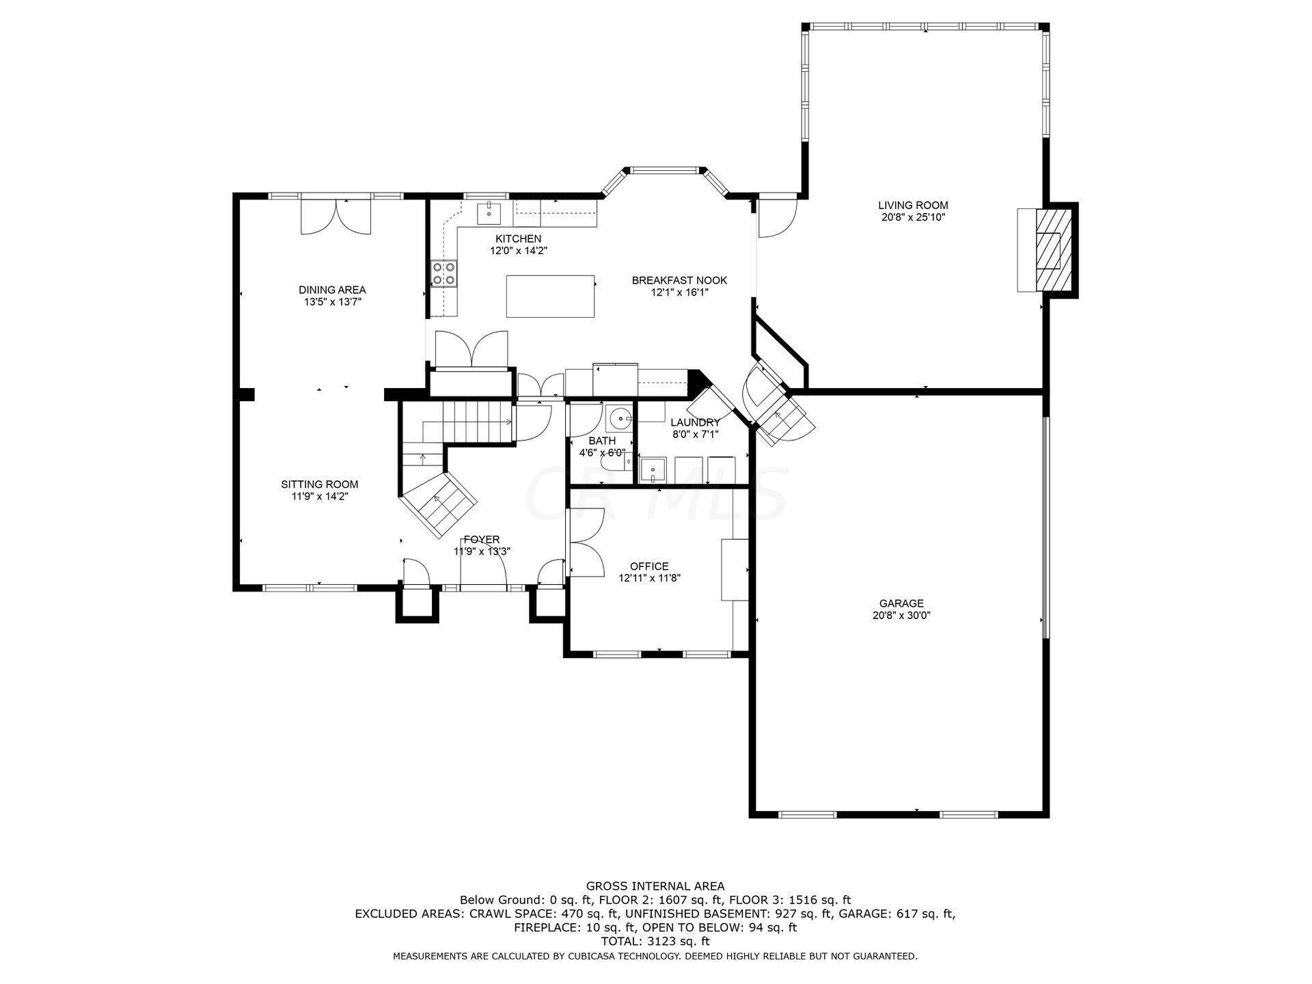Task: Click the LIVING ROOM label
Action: pos(913,205)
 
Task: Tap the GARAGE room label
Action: pos(901,603)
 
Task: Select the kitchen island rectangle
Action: pos(550,296)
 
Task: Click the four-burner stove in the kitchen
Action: pos(444,273)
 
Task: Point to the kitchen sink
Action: pos(489,213)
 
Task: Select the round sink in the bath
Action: pos(620,416)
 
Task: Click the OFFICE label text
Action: pos(649,566)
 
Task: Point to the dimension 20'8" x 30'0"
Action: pos(901,615)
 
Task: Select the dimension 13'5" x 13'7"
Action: pos(332,301)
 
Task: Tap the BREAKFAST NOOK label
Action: pos(679,280)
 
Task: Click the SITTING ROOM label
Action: pos(319,484)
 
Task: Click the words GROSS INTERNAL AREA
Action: pos(655,886)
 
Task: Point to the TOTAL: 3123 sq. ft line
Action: pos(655,942)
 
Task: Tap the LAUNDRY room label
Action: pos(695,422)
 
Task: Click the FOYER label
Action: pos(482,540)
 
